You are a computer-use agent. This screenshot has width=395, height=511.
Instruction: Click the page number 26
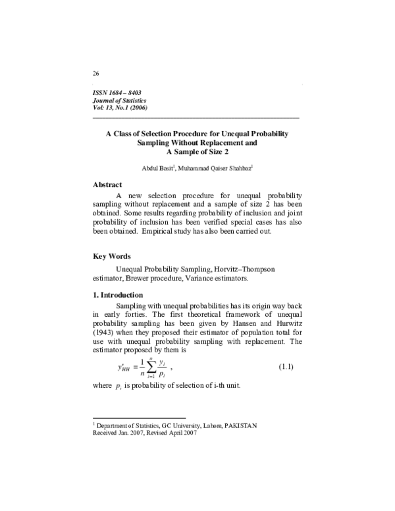pos(97,72)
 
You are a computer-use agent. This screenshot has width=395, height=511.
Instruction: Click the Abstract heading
pos(109,185)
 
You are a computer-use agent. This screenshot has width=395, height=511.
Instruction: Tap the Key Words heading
pos(112,256)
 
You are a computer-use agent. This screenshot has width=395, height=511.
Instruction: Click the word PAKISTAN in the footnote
pos(241,425)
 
